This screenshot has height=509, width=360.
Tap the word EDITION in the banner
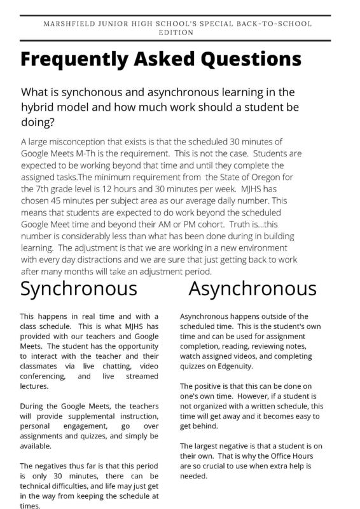pos(180,32)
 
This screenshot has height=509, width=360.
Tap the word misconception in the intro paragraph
pos(80,141)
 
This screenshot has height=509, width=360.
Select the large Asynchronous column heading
pos(253,288)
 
